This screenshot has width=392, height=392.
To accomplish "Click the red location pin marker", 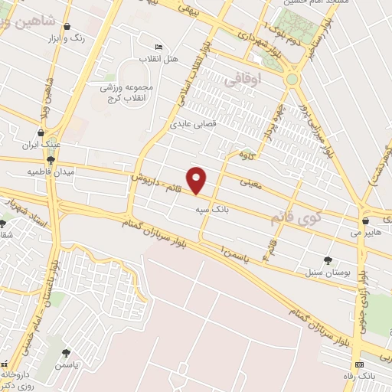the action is pyautogui.click(x=198, y=180).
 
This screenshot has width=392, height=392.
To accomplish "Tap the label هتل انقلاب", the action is pyautogui.click(x=158, y=58).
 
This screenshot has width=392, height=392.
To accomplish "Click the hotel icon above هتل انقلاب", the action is pyautogui.click(x=158, y=47).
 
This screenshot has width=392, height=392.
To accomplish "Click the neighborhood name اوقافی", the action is pyautogui.click(x=245, y=79).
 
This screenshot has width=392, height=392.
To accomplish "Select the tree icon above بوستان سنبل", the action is pyautogui.click(x=328, y=260).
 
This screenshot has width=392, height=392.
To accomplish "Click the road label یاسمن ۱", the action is pyautogui.click(x=233, y=252).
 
